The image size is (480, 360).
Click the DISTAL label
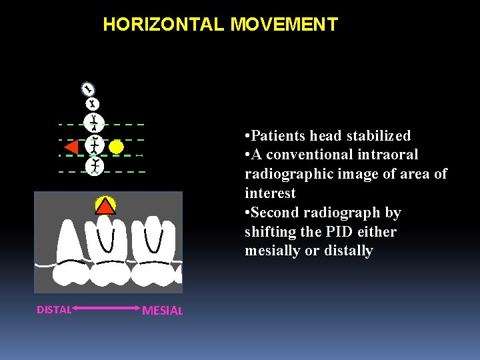54,309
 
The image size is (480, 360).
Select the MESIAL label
163,311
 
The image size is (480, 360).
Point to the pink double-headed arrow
107,308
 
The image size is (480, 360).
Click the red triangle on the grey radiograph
105,206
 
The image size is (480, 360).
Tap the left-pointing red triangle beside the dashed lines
71,147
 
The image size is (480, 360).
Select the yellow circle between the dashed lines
116,147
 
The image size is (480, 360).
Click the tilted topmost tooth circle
88,89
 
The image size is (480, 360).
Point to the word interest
270,193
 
